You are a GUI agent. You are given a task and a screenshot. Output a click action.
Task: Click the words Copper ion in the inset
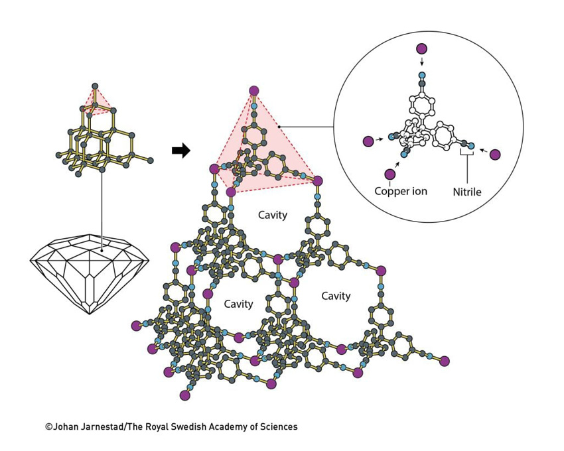[x=400, y=191]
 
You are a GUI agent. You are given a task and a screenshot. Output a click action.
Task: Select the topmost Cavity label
[x=272, y=215]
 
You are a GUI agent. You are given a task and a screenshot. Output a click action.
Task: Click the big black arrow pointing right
[x=180, y=151]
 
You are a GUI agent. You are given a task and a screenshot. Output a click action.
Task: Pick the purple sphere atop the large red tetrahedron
[x=253, y=91]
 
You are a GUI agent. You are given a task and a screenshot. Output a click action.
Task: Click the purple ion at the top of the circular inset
[x=421, y=48]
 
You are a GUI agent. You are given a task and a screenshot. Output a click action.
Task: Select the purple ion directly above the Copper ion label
[x=389, y=174]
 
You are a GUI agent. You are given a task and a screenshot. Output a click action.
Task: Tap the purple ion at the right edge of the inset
[x=495, y=155]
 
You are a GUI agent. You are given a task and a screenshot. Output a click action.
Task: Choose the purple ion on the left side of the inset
[x=368, y=141]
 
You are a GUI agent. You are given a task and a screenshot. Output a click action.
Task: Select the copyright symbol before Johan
[x=48, y=427]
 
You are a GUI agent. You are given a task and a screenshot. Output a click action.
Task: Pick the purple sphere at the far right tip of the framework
[x=445, y=361]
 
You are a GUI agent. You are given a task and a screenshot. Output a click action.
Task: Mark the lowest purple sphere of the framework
[x=185, y=395]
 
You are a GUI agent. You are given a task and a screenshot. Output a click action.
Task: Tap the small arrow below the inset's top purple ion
[x=421, y=62]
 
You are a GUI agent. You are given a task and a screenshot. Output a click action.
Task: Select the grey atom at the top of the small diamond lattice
[x=95, y=86]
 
